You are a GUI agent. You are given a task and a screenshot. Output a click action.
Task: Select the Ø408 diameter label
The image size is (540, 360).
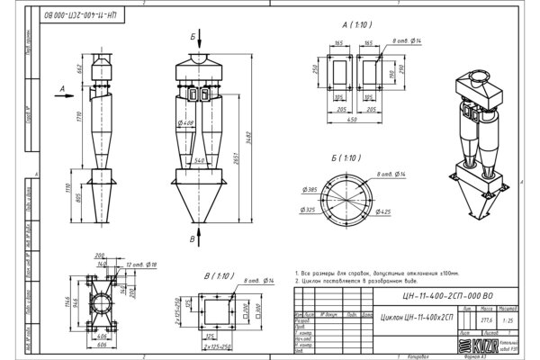pyautogui.click(x=189, y=122)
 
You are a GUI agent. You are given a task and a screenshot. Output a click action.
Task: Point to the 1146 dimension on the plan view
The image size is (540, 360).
pyautogui.click(x=78, y=297)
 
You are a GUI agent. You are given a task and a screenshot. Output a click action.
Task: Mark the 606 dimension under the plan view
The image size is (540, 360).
pyautogui.click(x=101, y=346)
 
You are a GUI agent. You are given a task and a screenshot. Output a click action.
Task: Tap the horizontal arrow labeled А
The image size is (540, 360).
pyautogui.click(x=67, y=90)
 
